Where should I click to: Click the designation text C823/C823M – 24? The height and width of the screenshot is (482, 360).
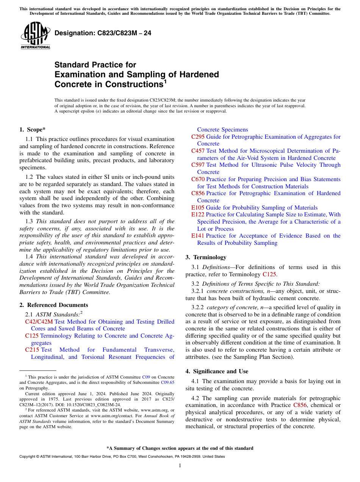[103, 33]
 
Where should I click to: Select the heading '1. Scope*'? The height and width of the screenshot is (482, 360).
[33, 130]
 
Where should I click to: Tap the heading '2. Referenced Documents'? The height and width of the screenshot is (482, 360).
[54, 305]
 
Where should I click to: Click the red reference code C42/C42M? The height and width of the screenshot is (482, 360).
[39, 322]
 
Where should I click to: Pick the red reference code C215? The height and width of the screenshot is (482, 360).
[32, 350]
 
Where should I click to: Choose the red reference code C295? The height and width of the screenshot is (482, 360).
[198, 137]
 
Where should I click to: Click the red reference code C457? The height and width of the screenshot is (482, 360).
[198, 151]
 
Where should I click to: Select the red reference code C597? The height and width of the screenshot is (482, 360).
[198, 165]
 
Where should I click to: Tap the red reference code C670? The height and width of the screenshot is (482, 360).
[198, 179]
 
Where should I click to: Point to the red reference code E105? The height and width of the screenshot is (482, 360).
[197, 208]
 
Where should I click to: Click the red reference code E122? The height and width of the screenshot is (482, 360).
[197, 214]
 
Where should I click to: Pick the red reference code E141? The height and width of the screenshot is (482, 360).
[197, 236]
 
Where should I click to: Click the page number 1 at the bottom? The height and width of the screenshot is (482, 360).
[180, 466]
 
